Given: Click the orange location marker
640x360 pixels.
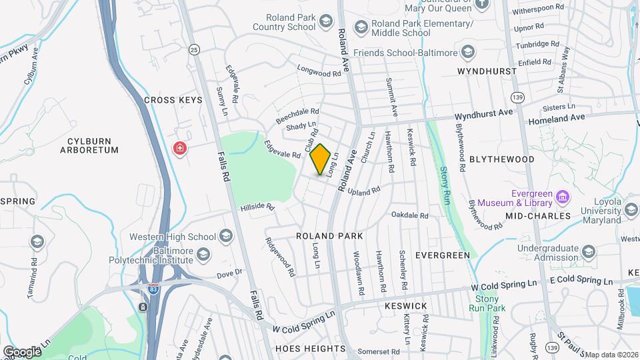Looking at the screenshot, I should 321,160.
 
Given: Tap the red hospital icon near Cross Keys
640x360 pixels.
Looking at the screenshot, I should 179,147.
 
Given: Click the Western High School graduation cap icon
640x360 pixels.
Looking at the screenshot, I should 225,236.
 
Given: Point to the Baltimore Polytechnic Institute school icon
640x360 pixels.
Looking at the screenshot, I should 203,254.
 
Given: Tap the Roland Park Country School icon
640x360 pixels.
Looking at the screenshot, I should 325,22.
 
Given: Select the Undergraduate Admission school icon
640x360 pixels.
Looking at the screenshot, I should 588,252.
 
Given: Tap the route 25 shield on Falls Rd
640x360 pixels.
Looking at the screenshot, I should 194,49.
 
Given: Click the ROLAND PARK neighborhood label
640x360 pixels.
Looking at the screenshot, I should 329,236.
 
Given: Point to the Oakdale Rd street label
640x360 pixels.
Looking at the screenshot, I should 409,215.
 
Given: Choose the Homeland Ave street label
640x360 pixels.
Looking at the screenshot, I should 557,118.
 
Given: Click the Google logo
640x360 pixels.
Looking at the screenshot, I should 22,351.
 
